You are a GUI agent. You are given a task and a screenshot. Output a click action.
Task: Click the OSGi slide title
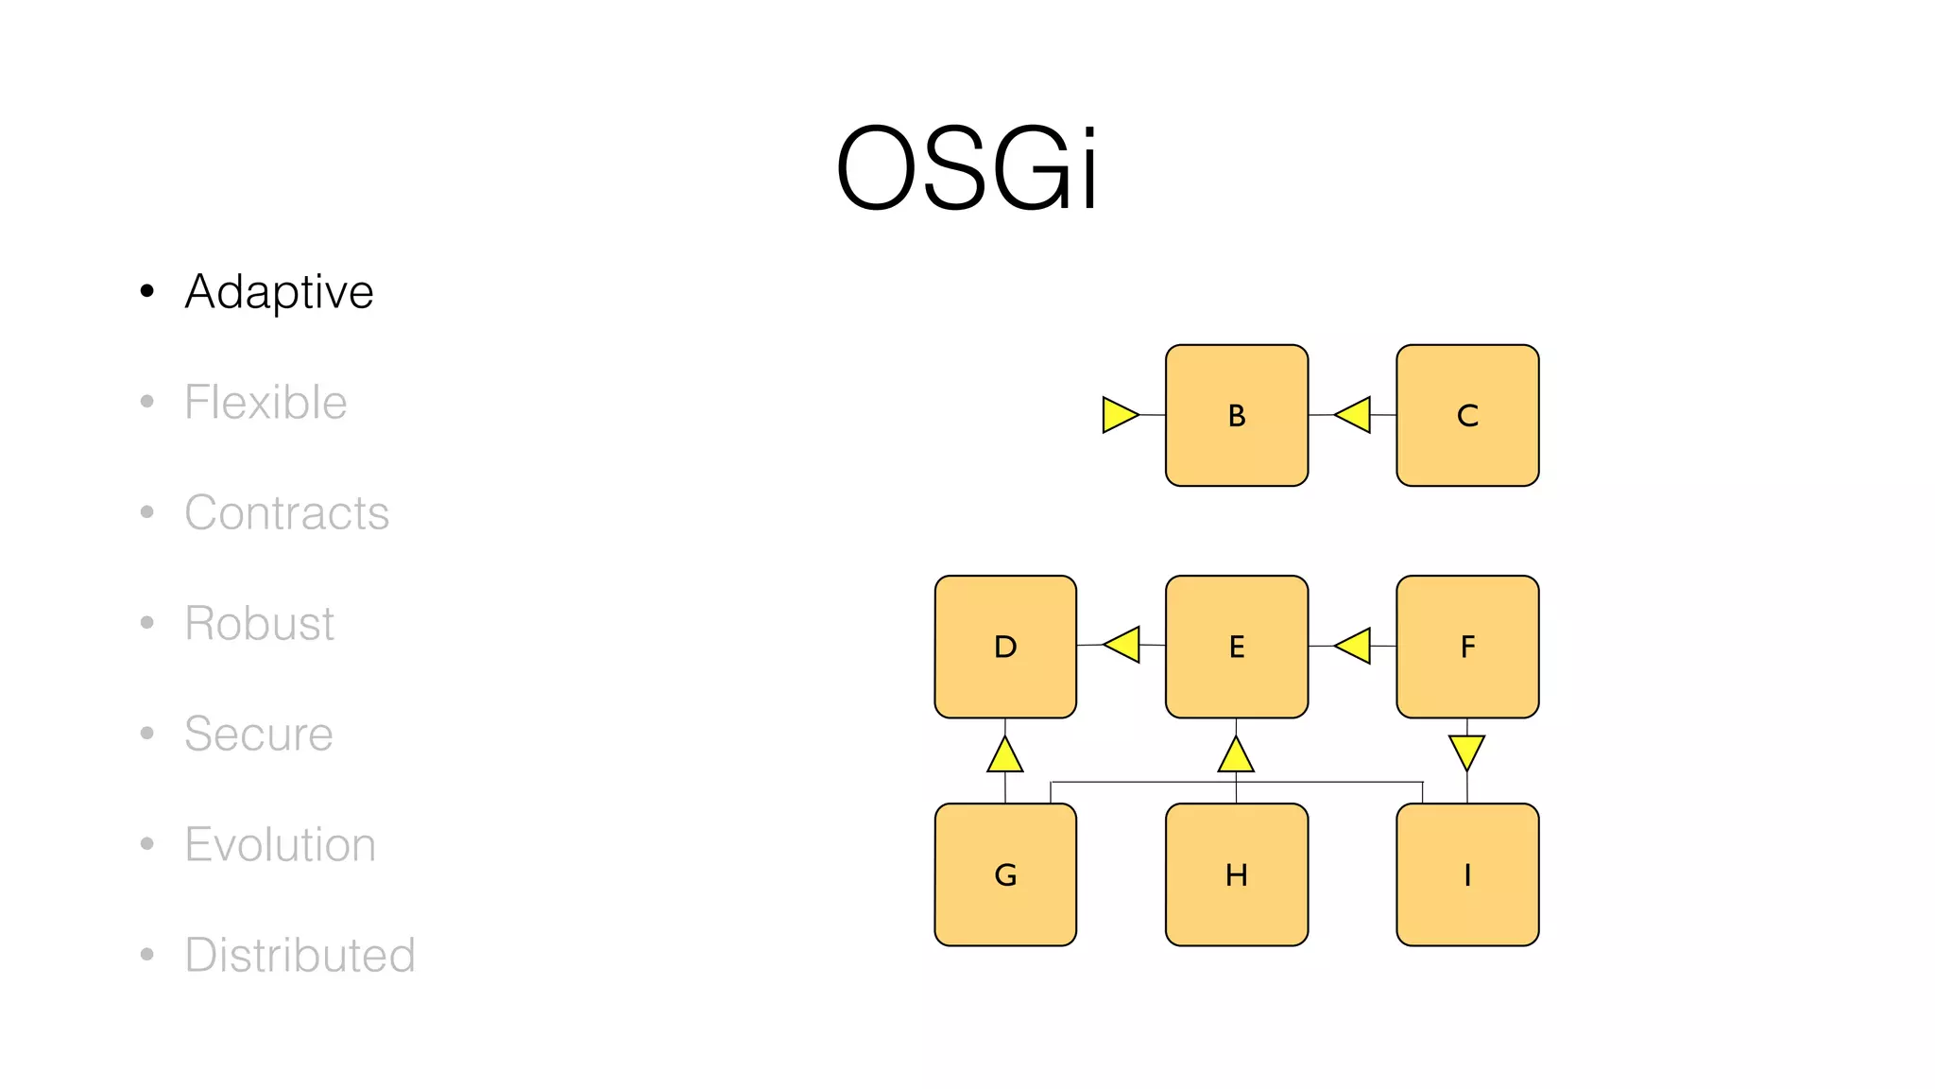pyautogui.click(x=967, y=168)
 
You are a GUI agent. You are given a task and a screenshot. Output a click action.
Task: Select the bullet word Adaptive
pyautogui.click(x=279, y=291)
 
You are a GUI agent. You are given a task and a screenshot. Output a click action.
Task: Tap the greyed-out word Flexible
pyautogui.click(x=265, y=402)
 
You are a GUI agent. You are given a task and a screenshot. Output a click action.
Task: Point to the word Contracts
pyautogui.click(x=286, y=512)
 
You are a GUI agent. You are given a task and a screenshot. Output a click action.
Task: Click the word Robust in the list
pyautogui.click(x=259, y=623)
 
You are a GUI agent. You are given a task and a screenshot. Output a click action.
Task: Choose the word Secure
pyautogui.click(x=258, y=734)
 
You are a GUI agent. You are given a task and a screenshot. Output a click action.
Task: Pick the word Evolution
pyautogui.click(x=280, y=844)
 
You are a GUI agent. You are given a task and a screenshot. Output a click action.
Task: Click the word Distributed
pyautogui.click(x=300, y=955)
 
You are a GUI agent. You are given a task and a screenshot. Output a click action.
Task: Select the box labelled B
pyautogui.click(x=1237, y=415)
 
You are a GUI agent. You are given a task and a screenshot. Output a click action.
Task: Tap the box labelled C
pyautogui.click(x=1467, y=415)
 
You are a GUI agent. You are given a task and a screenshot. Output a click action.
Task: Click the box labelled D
pyautogui.click(x=1005, y=647)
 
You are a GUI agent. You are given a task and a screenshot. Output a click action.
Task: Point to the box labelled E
pyautogui.click(x=1237, y=647)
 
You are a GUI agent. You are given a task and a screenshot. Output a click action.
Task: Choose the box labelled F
pyautogui.click(x=1467, y=647)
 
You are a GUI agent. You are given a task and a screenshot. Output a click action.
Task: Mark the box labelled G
pyautogui.click(x=1005, y=874)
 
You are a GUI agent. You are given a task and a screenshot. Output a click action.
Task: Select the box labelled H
pyautogui.click(x=1237, y=874)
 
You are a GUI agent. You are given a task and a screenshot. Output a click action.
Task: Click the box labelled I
pyautogui.click(x=1467, y=874)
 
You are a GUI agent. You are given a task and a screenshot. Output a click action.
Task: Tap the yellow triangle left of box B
pyautogui.click(x=1118, y=415)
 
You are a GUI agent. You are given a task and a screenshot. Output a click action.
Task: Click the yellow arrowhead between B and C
pyautogui.click(x=1355, y=415)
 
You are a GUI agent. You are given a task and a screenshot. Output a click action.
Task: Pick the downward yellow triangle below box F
pyautogui.click(x=1466, y=751)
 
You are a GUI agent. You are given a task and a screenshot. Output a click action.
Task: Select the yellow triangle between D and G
pyautogui.click(x=1005, y=756)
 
